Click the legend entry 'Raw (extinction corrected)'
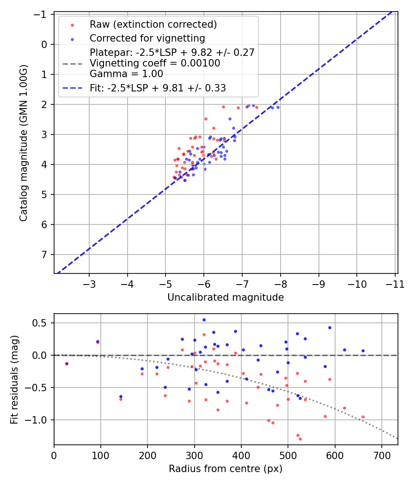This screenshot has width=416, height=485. [x=153, y=24]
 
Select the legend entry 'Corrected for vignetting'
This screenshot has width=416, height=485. [x=147, y=38]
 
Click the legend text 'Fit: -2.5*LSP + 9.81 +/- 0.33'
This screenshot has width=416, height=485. [x=158, y=88]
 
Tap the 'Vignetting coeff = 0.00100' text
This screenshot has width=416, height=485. [x=155, y=63]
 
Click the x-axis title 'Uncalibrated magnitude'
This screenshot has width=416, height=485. [x=226, y=297]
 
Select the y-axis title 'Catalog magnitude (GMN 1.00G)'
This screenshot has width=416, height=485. [x=24, y=143]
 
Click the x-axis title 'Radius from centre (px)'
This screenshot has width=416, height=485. [x=226, y=469]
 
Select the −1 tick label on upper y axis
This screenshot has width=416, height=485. [x=43, y=14]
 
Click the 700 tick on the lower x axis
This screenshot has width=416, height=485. [x=381, y=455]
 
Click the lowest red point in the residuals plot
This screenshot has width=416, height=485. [x=300, y=439]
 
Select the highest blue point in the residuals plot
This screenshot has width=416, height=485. [x=204, y=320]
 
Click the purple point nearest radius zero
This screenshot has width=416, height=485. [x=67, y=364]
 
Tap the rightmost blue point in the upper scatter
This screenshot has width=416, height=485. [x=278, y=107]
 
